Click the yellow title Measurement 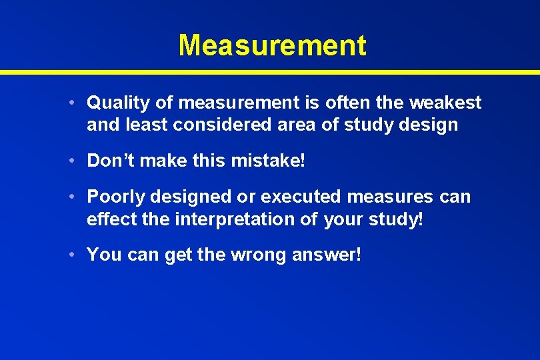point(272,45)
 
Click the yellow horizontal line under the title point(270,71)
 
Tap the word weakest point(445,103)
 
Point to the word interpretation point(236,219)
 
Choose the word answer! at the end point(327,255)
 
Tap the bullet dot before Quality point(79,103)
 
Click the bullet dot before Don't point(79,161)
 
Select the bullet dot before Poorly point(79,197)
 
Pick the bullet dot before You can point(79,255)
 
